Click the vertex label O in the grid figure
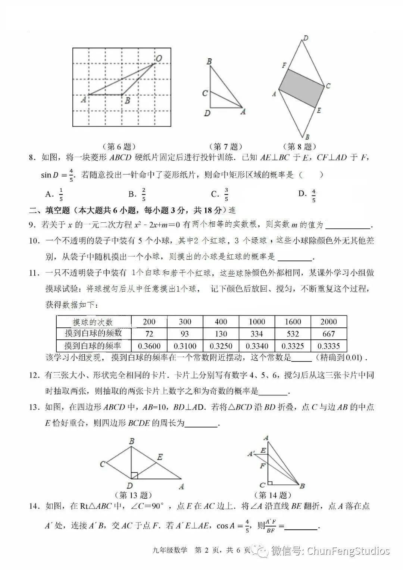pos(159,58)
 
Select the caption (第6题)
pos(119,147)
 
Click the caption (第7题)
pos(225,147)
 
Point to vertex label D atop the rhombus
pos(305,38)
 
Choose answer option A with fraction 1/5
pos(54,194)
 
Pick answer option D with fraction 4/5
pos(308,194)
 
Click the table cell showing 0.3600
pos(149,346)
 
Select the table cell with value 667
pos(328,334)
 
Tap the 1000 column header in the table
pos(257,322)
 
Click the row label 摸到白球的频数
pos(93,333)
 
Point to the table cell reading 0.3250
pos(221,346)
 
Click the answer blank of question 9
pos(348,225)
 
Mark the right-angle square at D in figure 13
pos(134,475)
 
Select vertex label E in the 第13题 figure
pos(160,457)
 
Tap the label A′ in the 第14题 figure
pos(251,454)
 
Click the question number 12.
pos(34,375)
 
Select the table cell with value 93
pos(185,334)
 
